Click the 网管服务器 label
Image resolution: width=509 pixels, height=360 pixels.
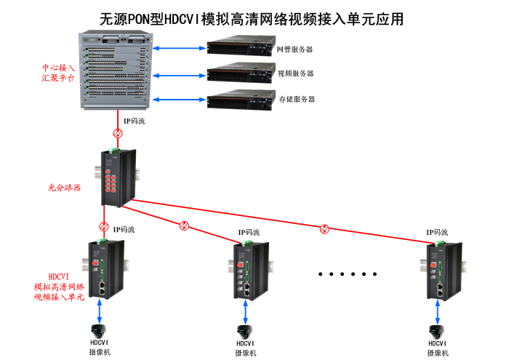click(294, 49)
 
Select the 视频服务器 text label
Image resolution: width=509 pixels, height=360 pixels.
click(295, 73)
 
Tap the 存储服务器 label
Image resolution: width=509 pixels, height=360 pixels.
click(297, 99)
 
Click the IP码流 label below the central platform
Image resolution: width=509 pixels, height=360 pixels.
click(134, 121)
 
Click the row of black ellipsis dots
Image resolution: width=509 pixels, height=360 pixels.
click(348, 275)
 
